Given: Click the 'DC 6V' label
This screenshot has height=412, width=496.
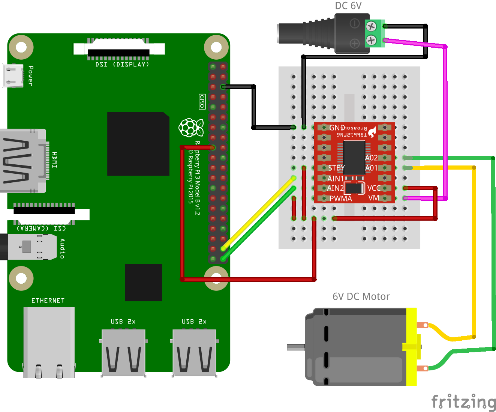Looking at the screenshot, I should coord(348,6).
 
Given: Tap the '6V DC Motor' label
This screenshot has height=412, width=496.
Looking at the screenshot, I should coord(361,297).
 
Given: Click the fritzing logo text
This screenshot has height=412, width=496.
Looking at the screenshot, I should coord(463,402).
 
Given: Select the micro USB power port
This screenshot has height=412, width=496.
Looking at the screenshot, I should coord(12,75).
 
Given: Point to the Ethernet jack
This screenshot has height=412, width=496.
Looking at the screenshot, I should coord(49,341).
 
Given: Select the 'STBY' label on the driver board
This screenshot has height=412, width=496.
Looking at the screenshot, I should coord(336,168).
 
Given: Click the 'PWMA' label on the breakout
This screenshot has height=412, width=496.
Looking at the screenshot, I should coord(341,198).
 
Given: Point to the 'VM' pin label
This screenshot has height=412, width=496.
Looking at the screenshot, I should coord(373,198).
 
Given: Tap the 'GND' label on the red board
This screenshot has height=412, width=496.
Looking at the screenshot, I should coord(337,128).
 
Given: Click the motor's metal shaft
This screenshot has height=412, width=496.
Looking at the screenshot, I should coord(296,347).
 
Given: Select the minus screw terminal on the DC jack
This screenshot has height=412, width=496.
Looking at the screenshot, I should coord(371,26).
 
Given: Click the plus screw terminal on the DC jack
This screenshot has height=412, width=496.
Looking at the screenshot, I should coord(371,40).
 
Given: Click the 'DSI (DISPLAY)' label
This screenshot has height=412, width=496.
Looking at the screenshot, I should coord(122,65).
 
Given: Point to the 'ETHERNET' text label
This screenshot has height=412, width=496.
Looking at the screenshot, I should coord(48,301).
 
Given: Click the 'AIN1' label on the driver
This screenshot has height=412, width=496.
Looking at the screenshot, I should coord(336,178).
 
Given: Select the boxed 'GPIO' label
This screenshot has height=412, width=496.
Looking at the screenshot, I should coord(202,101).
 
